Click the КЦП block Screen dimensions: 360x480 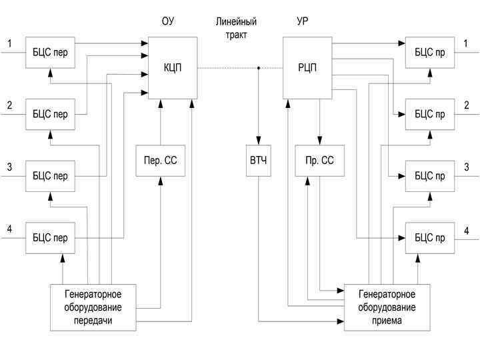pyautogui.click(x=173, y=67)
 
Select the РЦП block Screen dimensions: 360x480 pyautogui.click(x=307, y=67)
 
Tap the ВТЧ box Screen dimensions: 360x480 pyautogui.click(x=259, y=161)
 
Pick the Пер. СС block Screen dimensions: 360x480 pyautogui.click(x=160, y=161)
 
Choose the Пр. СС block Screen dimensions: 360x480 pyautogui.click(x=319, y=161)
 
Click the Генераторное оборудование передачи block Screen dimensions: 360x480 pyautogui.click(x=93, y=307)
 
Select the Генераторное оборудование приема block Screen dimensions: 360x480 pyautogui.click(x=387, y=308)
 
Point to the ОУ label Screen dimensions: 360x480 pyautogui.click(x=168, y=22)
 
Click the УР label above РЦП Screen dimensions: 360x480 pyautogui.click(x=302, y=22)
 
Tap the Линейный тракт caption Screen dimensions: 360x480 pyautogui.click(x=236, y=28)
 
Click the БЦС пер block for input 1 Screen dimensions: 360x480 pyautogui.click(x=50, y=52)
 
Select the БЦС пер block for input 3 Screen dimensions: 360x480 pyautogui.click(x=50, y=176)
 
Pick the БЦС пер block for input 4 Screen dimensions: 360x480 pyautogui.click(x=50, y=238)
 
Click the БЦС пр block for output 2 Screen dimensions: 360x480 pyautogui.click(x=429, y=114)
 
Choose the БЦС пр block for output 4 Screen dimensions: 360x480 pyautogui.click(x=429, y=237)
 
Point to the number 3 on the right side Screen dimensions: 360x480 pyautogui.click(x=467, y=167)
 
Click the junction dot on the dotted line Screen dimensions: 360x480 pyautogui.click(x=259, y=67)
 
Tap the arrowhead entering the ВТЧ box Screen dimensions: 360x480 pyautogui.click(x=259, y=143)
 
